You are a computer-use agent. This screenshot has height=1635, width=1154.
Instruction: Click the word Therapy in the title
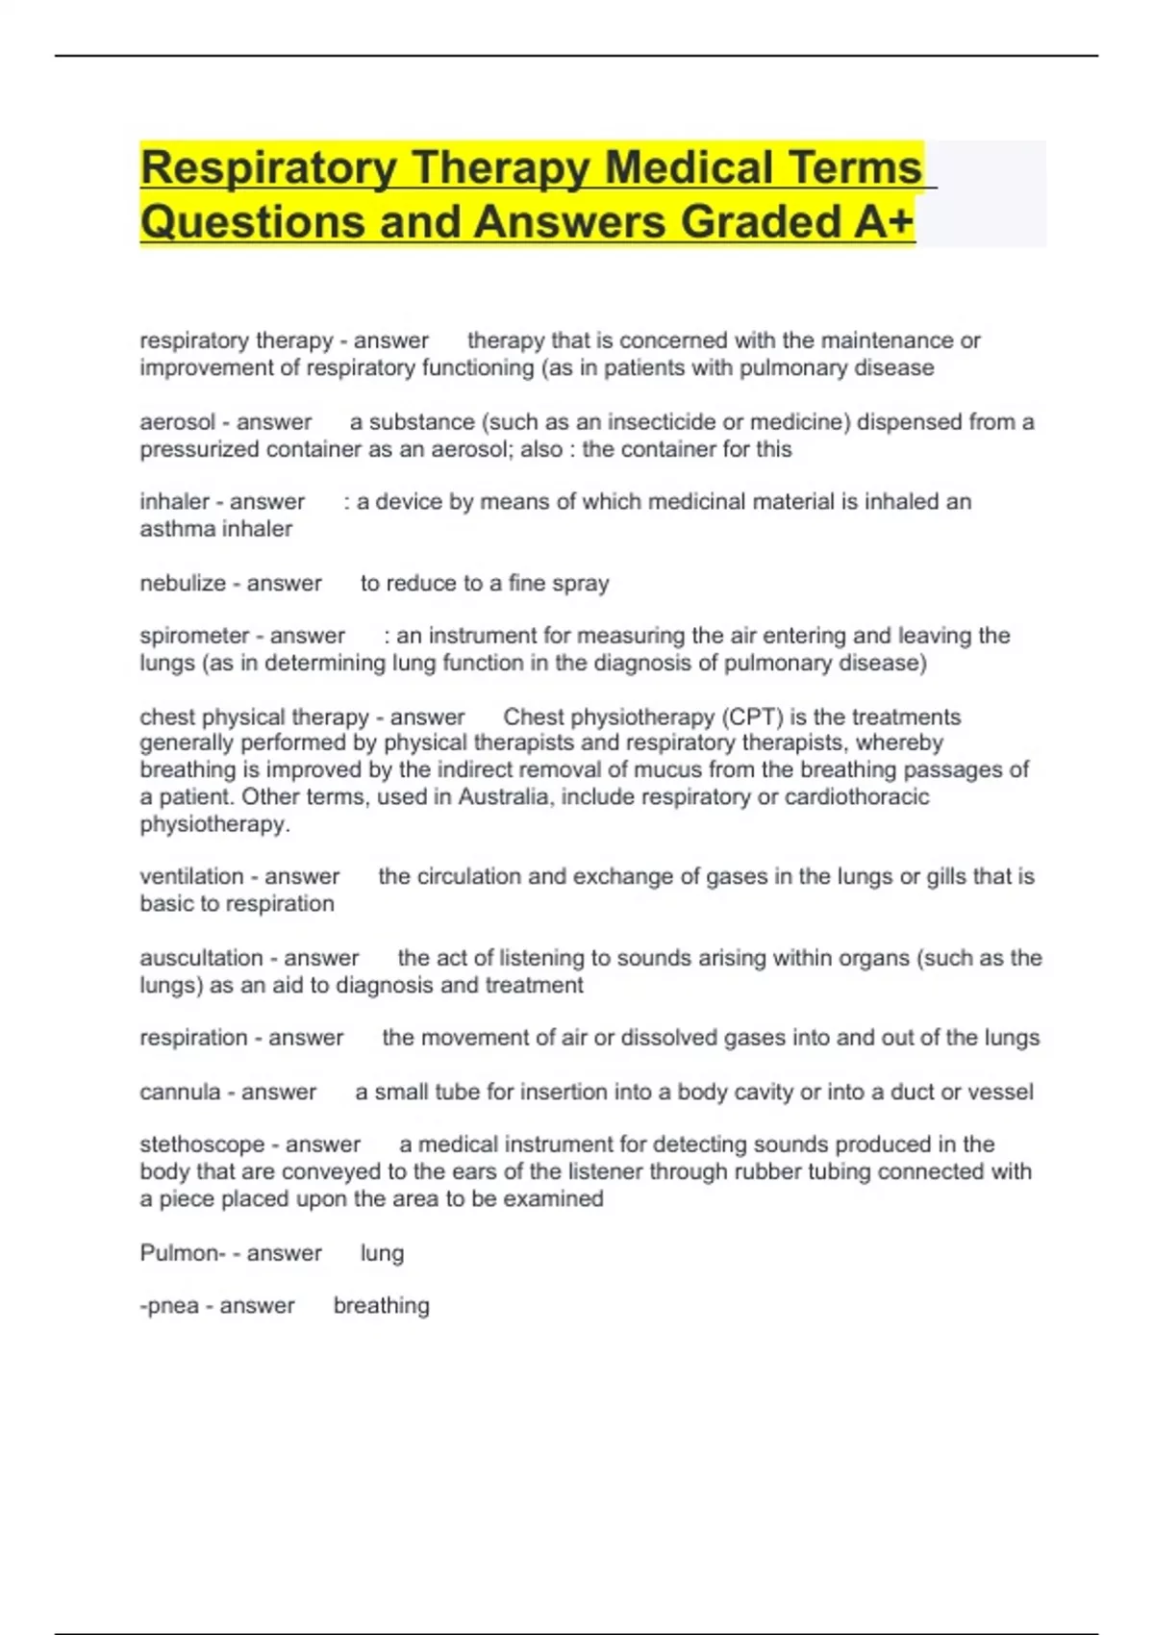[499, 168]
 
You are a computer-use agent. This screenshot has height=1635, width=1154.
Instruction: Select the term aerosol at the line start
[177, 422]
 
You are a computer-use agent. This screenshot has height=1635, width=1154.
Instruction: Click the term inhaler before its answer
[174, 502]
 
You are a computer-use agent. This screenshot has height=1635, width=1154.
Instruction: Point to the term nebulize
[183, 584]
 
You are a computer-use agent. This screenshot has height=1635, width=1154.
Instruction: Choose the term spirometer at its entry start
[194, 636]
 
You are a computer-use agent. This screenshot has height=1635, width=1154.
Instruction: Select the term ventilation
[191, 877]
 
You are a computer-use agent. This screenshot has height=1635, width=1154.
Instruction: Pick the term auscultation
[201, 958]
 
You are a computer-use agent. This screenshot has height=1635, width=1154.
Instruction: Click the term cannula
[180, 1093]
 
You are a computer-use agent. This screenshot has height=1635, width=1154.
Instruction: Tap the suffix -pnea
[169, 1306]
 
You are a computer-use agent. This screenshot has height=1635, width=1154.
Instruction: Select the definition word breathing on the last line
[381, 1306]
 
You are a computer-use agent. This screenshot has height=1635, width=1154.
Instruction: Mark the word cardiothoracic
[857, 797]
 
